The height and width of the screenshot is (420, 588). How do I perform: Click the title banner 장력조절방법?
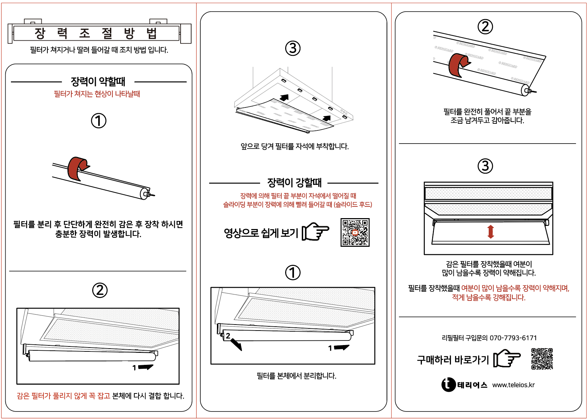[x=96, y=33]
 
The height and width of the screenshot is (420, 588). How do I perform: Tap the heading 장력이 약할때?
[x=98, y=82]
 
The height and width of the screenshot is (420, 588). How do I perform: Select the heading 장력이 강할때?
[x=294, y=183]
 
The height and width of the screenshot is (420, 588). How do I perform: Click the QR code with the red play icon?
[x=355, y=232]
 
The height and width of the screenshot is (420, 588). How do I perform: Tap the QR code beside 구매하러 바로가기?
[x=542, y=358]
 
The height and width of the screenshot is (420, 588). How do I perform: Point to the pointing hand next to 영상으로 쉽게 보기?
[x=315, y=232]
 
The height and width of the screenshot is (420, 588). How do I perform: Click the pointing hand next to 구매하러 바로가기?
[x=507, y=358]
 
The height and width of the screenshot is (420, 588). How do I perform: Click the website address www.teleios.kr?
[x=513, y=385]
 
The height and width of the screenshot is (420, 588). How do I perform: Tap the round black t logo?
[x=448, y=385]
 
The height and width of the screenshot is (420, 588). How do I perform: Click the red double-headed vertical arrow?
[x=490, y=232]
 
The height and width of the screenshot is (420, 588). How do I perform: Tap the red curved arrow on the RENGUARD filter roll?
[x=458, y=65]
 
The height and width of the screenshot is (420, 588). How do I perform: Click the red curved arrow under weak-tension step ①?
[x=77, y=168]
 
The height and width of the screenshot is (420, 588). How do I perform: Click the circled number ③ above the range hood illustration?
[x=293, y=48]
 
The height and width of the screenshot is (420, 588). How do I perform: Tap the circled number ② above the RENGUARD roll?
[x=485, y=27]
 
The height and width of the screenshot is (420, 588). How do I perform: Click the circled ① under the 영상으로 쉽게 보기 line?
[x=293, y=273]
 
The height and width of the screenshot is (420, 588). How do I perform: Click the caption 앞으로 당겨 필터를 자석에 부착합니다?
[x=294, y=146]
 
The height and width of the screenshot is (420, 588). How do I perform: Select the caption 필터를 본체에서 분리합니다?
[x=296, y=376]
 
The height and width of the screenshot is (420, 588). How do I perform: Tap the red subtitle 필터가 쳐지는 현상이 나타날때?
[x=97, y=94]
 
